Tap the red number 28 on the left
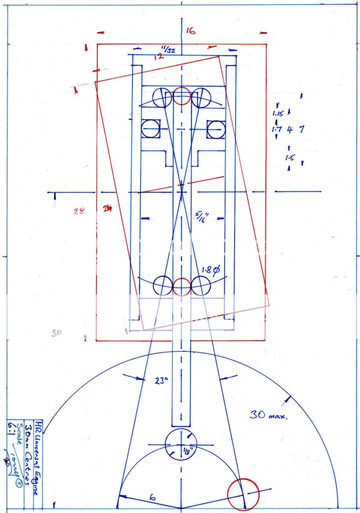pos(77,210)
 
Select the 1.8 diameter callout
pos(211,271)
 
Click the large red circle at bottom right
pos(243,494)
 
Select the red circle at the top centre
pos(182,96)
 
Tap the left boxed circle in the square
pos(150,129)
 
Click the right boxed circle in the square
pos(215,129)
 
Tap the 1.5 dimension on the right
pos(289,158)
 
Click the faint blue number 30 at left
pos(56,332)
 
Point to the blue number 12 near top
pos(159,57)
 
